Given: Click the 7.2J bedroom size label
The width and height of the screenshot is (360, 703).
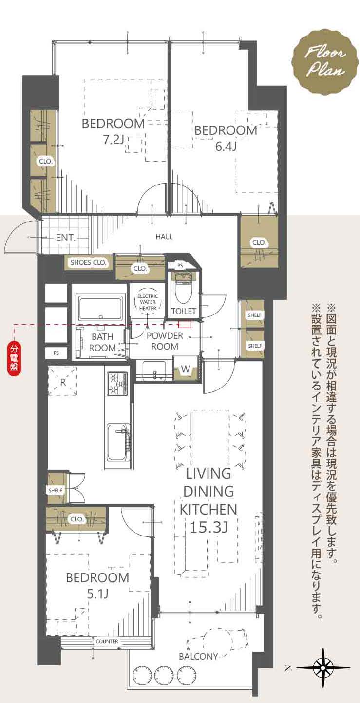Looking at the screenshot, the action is coord(114,140).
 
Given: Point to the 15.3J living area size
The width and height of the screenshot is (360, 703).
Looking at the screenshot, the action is coord(209,528).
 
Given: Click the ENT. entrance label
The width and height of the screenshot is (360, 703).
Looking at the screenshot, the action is coord(66,238).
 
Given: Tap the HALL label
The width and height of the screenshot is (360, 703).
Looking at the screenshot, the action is coord(164,236).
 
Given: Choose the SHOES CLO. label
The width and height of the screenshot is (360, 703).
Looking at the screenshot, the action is coord(88,263).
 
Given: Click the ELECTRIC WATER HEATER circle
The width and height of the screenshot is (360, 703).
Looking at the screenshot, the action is coord(148,302).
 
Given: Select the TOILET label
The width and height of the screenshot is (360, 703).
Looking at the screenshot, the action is coord(184,311).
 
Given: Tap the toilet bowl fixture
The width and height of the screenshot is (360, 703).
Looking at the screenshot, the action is coord(183,289).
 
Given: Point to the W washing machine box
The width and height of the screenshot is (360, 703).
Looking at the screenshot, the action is coord(186,369).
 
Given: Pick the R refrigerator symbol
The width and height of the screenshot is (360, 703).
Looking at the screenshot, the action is coord(63,382).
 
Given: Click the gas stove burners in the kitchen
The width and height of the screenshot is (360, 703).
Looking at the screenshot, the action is coord(118,384).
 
